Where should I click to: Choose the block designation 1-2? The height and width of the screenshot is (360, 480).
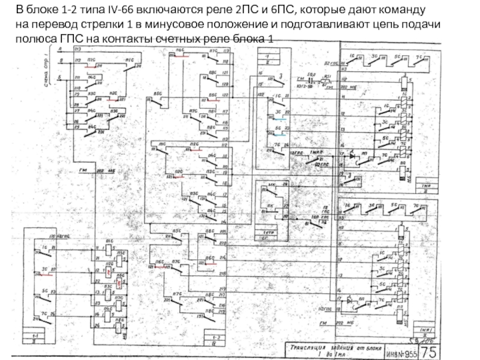[x=214, y=337]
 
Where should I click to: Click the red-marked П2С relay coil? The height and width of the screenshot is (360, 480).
[x=109, y=272]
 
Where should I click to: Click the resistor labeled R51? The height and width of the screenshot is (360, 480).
[x=328, y=79]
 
